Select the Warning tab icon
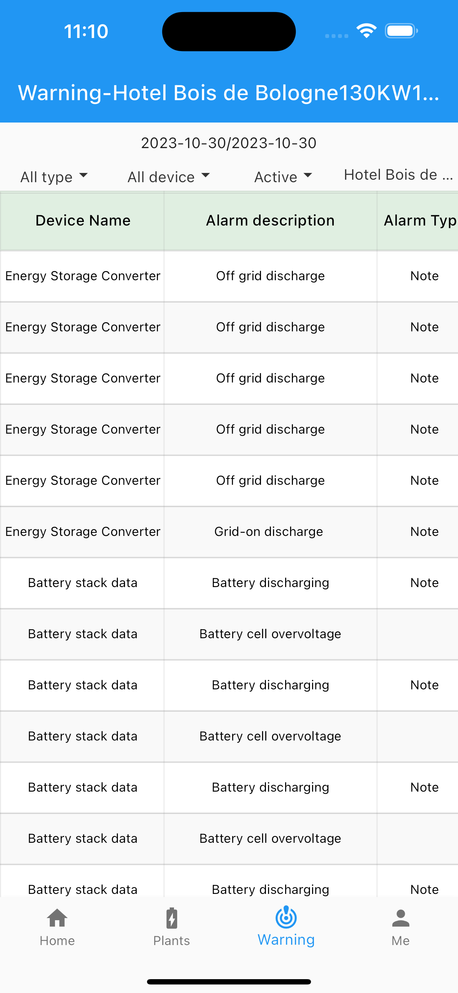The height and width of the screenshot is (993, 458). (286, 917)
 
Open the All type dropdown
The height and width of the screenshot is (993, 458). (54, 177)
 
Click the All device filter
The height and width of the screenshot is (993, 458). (169, 177)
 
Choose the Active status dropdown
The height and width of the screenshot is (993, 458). (283, 177)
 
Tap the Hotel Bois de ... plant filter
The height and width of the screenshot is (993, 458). (398, 175)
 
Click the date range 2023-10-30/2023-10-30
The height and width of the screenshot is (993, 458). (229, 143)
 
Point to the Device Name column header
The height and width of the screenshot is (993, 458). (83, 221)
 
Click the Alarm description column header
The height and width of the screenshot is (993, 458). (270, 221)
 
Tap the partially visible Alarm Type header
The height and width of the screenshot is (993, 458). (420, 221)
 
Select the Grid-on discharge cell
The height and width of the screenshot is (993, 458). (269, 532)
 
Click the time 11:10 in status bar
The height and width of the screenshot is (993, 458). (86, 31)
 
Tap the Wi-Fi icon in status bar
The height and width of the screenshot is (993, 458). (366, 31)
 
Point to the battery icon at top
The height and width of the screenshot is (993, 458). (401, 31)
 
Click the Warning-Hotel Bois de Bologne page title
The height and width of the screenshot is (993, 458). (229, 93)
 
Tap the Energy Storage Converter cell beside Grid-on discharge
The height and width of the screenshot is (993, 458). (82, 532)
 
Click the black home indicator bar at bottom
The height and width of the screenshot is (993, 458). (229, 981)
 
